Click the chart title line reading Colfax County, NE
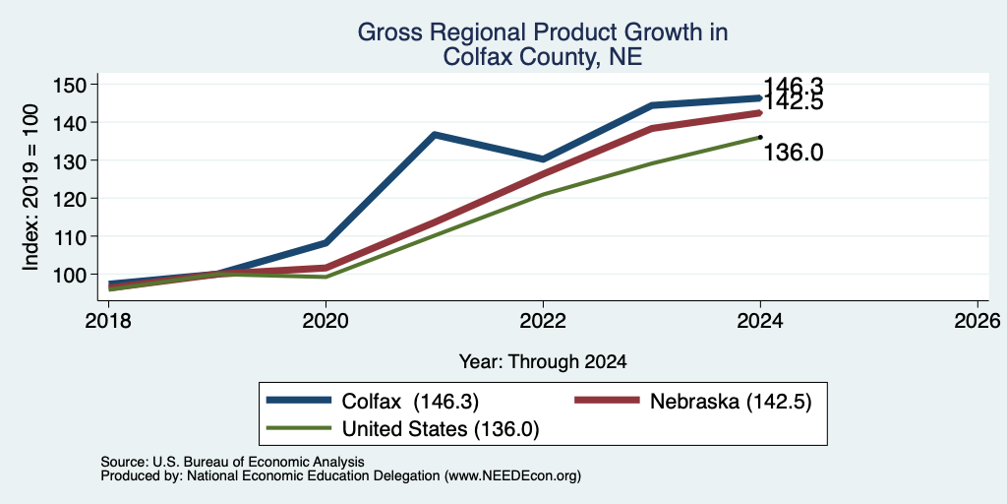(x=543, y=57)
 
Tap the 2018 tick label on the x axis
(x=108, y=320)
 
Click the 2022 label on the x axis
(x=543, y=320)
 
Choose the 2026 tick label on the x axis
(x=977, y=320)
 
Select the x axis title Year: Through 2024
(x=543, y=362)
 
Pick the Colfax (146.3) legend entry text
(x=410, y=402)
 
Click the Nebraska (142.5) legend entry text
(x=731, y=402)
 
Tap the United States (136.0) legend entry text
(x=441, y=429)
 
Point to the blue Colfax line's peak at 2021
(x=435, y=134)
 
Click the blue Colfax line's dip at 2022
(x=543, y=158)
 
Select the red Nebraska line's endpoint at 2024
(x=760, y=112)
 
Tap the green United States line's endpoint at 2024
(x=760, y=137)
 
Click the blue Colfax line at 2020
(x=326, y=242)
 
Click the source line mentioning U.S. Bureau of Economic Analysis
(x=232, y=462)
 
